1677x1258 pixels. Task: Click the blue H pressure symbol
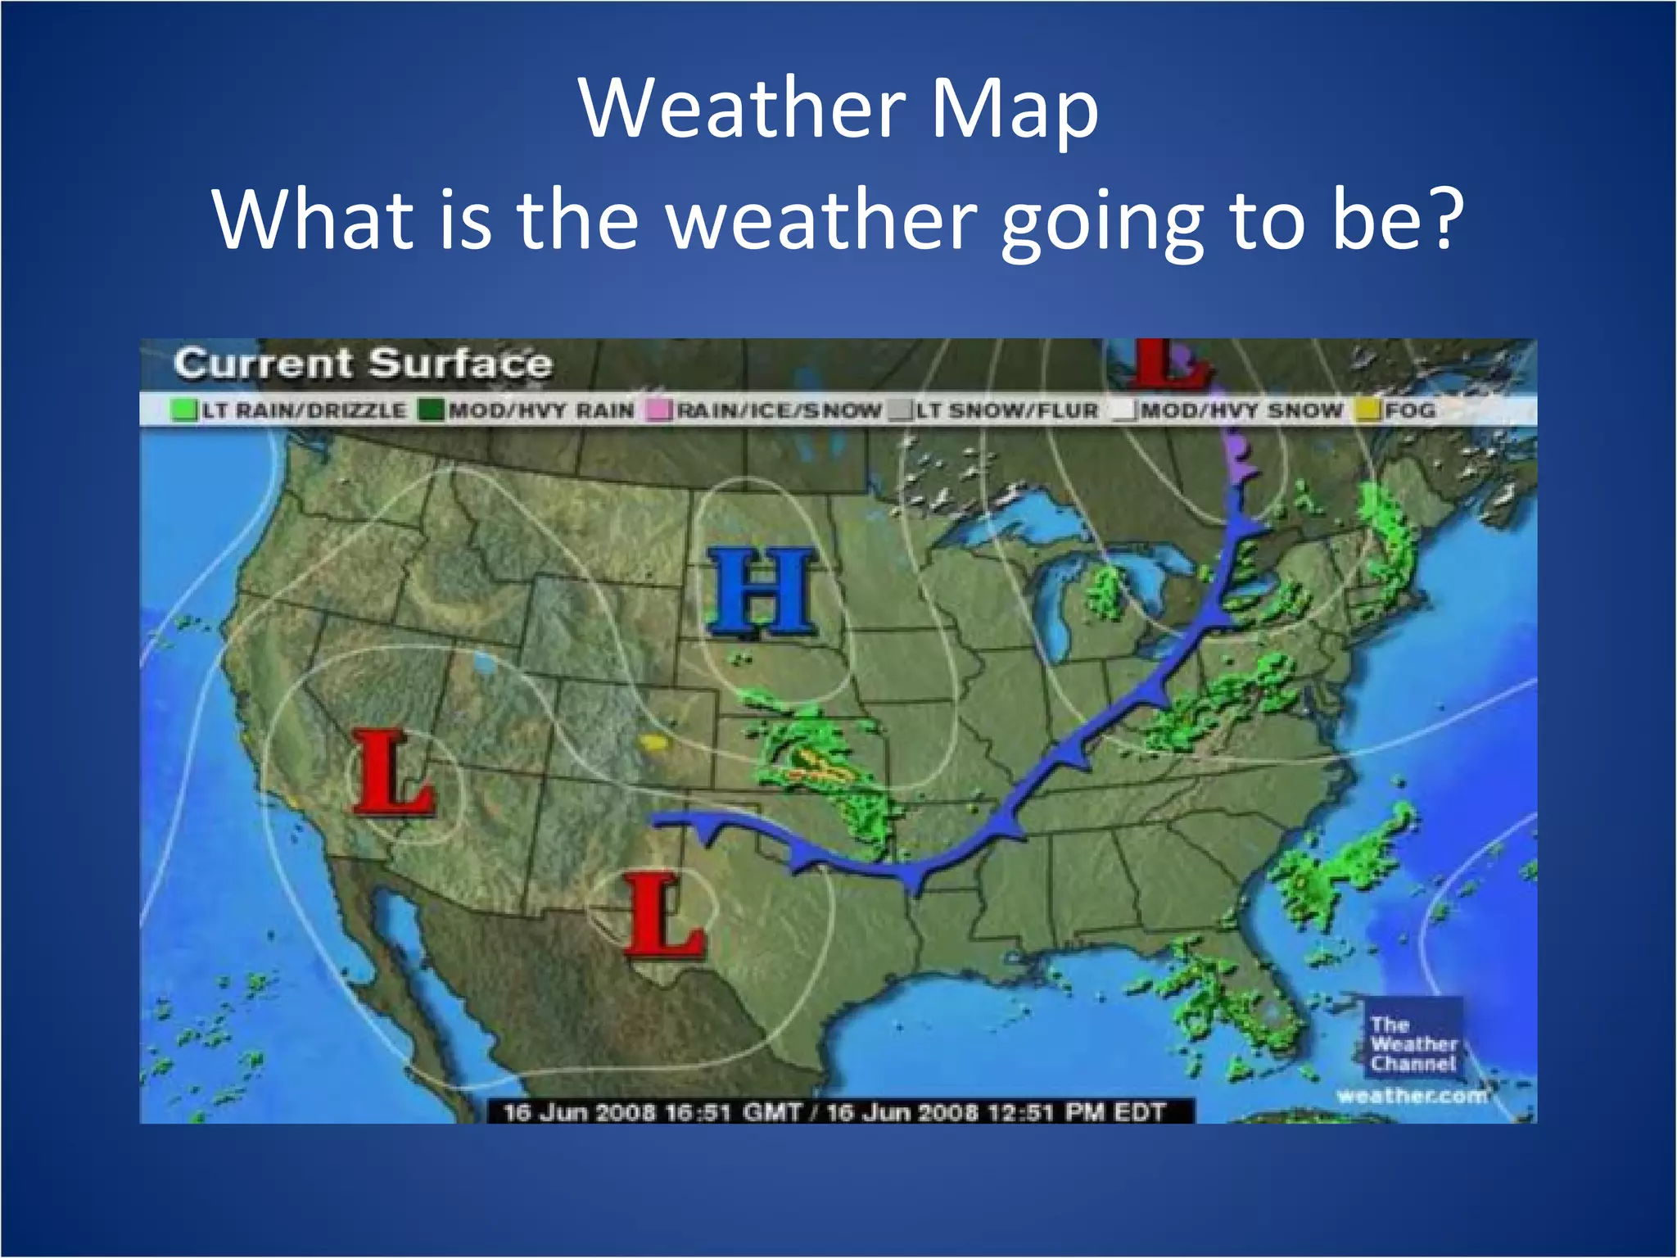pos(762,592)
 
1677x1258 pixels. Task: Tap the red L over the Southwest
pos(391,774)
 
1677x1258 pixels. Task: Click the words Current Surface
pos(363,364)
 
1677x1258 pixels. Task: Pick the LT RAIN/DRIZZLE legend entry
pos(290,410)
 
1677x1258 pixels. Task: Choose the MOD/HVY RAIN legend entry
pos(527,410)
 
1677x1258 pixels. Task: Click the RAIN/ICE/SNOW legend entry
pos(765,410)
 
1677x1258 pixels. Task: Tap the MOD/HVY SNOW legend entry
pos(1228,410)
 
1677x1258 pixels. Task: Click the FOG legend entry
pos(1397,410)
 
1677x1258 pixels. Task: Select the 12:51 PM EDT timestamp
pos(995,1112)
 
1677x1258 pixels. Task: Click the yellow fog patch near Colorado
pos(653,743)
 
